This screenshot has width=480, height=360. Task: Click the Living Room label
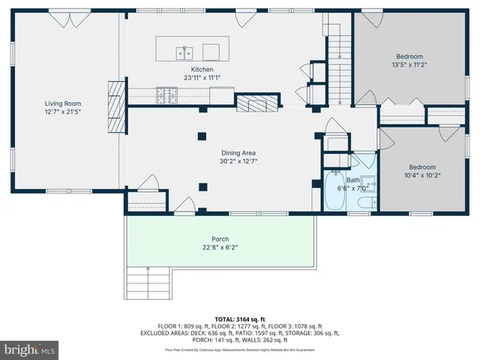tap(63, 103)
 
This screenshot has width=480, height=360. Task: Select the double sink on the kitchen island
tap(185, 52)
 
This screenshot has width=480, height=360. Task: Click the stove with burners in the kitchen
tap(166, 94)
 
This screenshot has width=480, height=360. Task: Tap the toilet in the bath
tap(365, 202)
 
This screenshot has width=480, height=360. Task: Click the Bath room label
tap(352, 180)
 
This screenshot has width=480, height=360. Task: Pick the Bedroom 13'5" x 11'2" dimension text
tap(409, 65)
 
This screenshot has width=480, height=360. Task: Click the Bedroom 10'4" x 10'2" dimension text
tap(421, 176)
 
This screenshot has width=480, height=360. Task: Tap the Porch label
tap(220, 239)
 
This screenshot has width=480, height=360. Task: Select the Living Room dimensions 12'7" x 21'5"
tap(63, 112)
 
